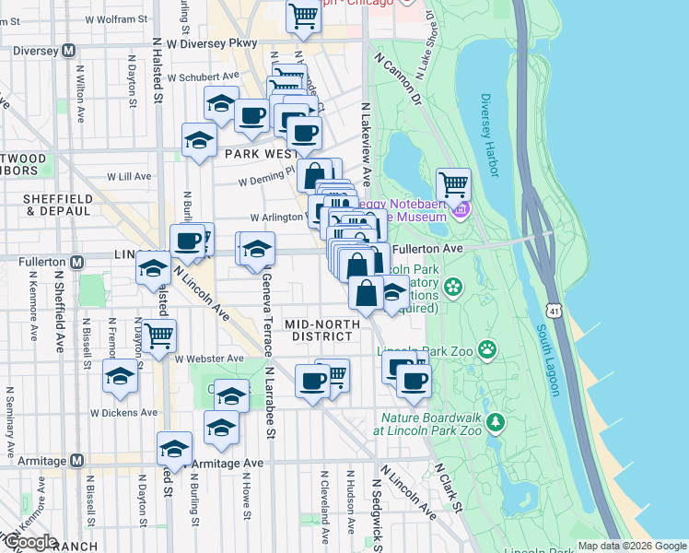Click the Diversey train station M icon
pos(68,52)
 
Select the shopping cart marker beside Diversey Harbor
pos(453,184)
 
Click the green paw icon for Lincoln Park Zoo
pos(486,349)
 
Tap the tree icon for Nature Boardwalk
pos(496,422)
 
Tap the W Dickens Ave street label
pos(121,413)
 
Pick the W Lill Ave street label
pos(128,175)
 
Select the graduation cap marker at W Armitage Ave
pos(174,448)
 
